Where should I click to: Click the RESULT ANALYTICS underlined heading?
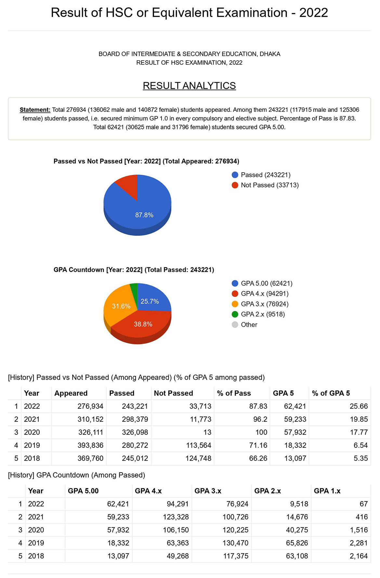click(x=189, y=86)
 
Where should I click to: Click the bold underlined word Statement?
click(x=35, y=110)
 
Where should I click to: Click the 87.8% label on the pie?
click(x=144, y=215)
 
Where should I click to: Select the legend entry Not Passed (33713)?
click(x=269, y=185)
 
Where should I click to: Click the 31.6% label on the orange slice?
click(x=121, y=306)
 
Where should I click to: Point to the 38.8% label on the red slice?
click(x=143, y=324)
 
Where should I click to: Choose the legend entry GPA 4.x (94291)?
click(x=264, y=293)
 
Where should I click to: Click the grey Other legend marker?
click(x=235, y=325)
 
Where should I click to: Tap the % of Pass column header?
click(x=234, y=393)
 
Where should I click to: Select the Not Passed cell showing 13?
click(x=207, y=432)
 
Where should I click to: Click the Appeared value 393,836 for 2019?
click(x=90, y=445)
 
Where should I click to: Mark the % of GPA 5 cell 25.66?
click(x=359, y=406)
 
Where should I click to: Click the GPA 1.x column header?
click(x=327, y=491)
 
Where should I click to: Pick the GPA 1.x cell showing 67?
click(x=363, y=504)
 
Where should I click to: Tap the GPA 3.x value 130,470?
click(x=235, y=543)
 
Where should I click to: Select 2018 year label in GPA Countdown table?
click(x=36, y=556)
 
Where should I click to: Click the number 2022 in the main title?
click(x=313, y=13)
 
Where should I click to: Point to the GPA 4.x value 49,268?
click(x=177, y=556)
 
